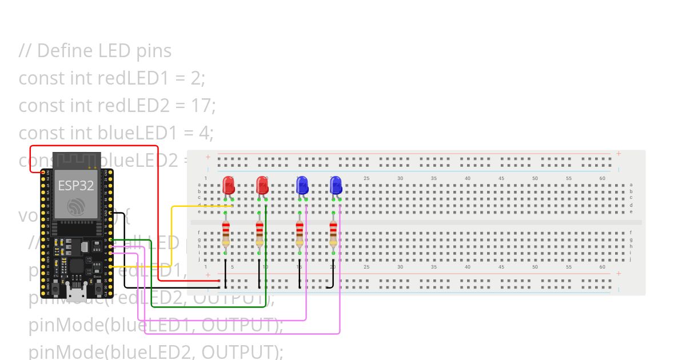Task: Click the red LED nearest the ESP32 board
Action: point(228,185)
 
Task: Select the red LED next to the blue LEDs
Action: point(262,185)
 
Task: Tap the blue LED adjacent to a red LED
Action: point(302,185)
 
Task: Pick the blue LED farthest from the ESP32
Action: point(336,185)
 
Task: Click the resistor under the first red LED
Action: point(226,233)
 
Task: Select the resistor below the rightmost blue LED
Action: point(333,233)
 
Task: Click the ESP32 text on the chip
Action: point(76,185)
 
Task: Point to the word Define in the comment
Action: point(63,51)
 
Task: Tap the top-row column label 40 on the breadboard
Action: point(468,178)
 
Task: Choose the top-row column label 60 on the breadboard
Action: point(602,178)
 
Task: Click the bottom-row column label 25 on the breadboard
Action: point(366,267)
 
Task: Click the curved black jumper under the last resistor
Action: point(332,283)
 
